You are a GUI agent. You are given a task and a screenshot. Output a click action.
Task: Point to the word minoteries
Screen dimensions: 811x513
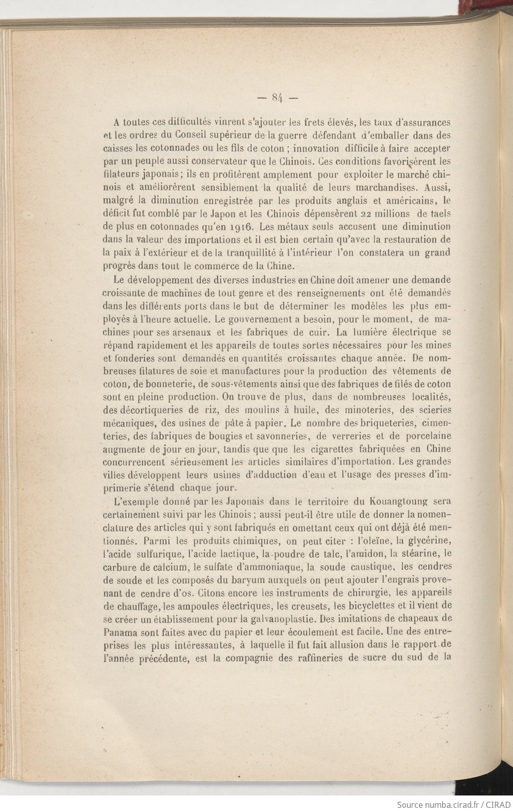coord(343,410)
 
